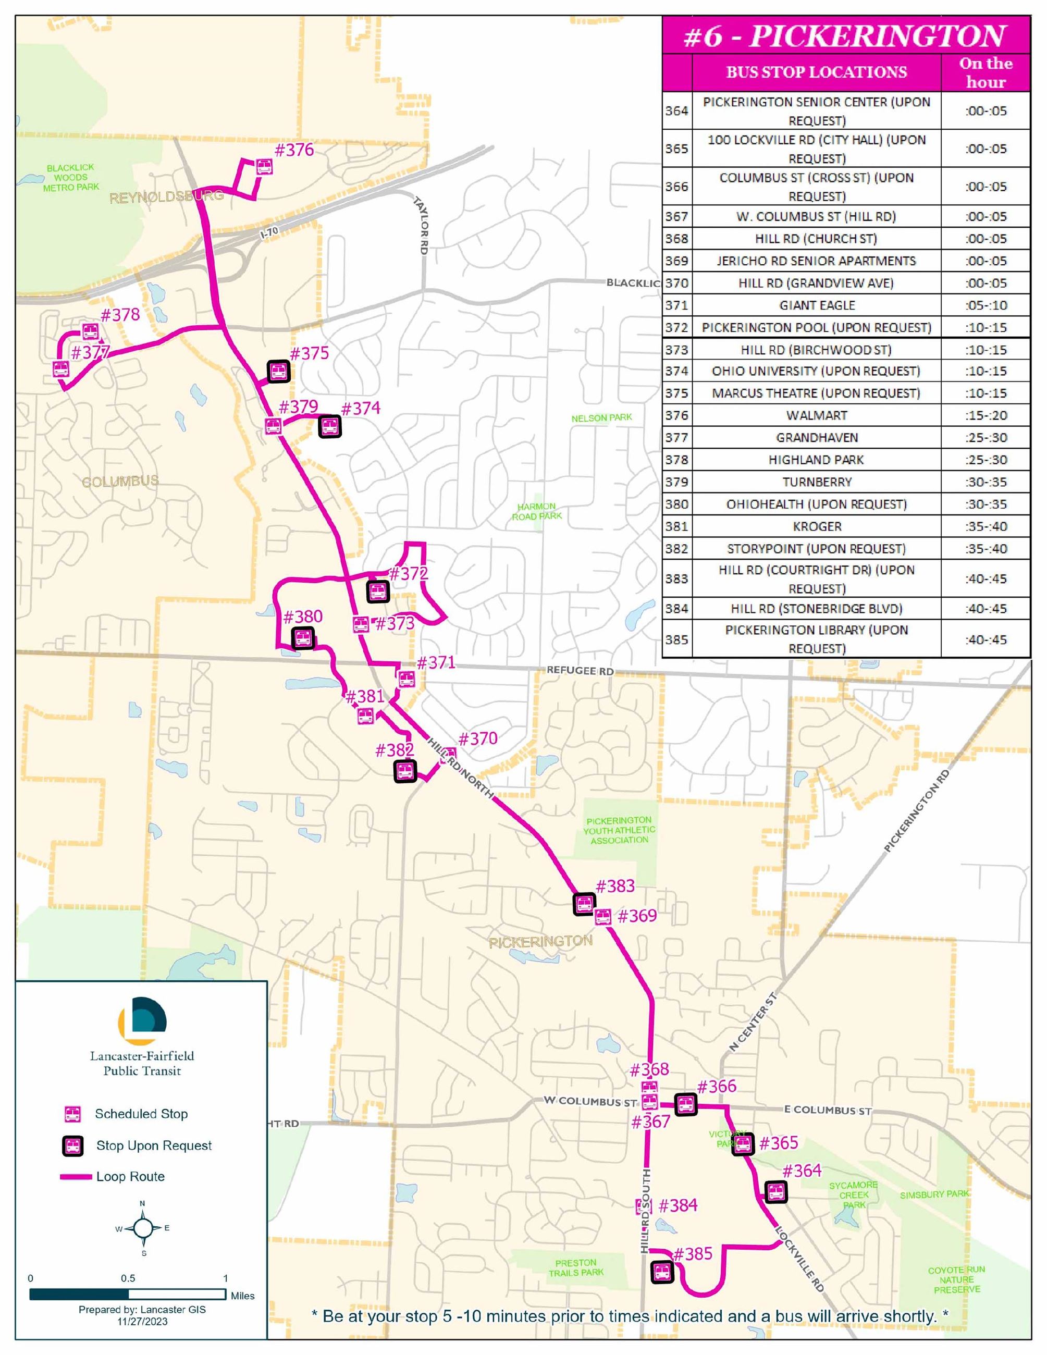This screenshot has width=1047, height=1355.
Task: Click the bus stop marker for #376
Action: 264,167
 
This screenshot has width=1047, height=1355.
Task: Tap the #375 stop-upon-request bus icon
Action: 278,371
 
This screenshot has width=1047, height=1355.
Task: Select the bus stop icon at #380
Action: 303,638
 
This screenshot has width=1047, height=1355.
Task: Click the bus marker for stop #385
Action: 662,1273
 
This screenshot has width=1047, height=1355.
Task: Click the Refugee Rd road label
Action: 580,671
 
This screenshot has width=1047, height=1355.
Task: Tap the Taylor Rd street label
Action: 421,225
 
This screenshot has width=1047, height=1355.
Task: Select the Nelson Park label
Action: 601,418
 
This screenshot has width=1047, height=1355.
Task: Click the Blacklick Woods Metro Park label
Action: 71,177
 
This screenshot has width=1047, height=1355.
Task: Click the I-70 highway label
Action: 269,232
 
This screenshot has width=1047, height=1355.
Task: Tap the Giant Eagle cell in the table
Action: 816,305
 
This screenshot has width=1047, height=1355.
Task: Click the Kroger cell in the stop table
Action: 816,527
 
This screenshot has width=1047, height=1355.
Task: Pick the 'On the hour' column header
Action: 985,72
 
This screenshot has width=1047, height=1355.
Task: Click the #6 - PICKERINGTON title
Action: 845,36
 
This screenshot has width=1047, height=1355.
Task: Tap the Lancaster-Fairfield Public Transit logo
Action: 142,1020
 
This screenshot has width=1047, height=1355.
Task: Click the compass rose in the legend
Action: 143,1228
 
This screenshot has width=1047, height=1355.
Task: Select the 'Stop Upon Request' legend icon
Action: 73,1146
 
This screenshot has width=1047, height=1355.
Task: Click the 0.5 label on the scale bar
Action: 128,1278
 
